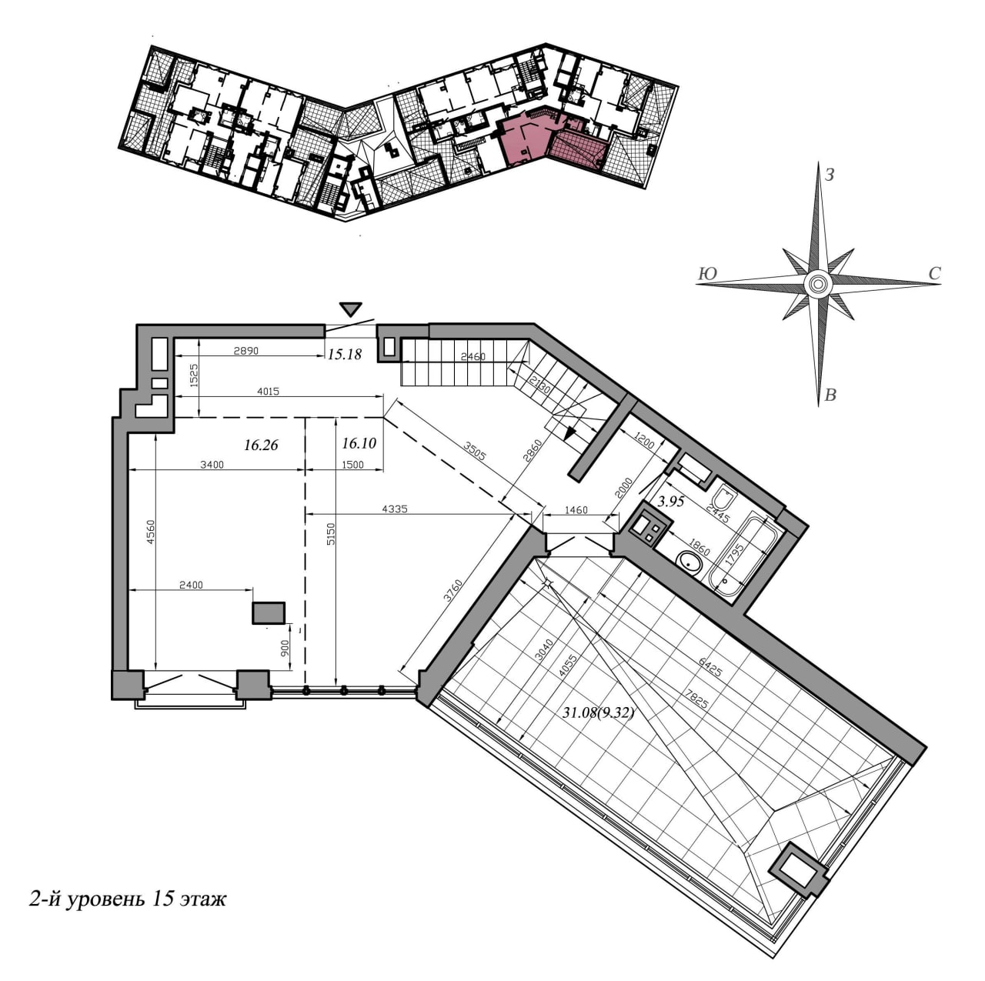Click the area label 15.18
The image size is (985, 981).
tap(344, 354)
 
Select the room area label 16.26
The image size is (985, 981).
tap(261, 445)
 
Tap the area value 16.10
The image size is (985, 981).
tap(359, 443)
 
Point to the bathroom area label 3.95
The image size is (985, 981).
tap(670, 502)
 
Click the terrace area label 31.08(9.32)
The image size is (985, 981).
tap(598, 712)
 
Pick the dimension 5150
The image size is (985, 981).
tap(331, 533)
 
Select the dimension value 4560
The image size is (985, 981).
tap(150, 532)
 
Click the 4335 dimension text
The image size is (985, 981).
tap(395, 509)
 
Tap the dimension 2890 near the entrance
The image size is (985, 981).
tap(246, 351)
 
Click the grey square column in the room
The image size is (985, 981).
tap(269, 612)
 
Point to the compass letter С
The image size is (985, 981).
tap(934, 273)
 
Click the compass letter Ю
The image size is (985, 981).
tap(707, 274)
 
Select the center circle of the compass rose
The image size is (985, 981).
tap(816, 282)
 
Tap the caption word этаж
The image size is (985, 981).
tap(203, 913)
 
